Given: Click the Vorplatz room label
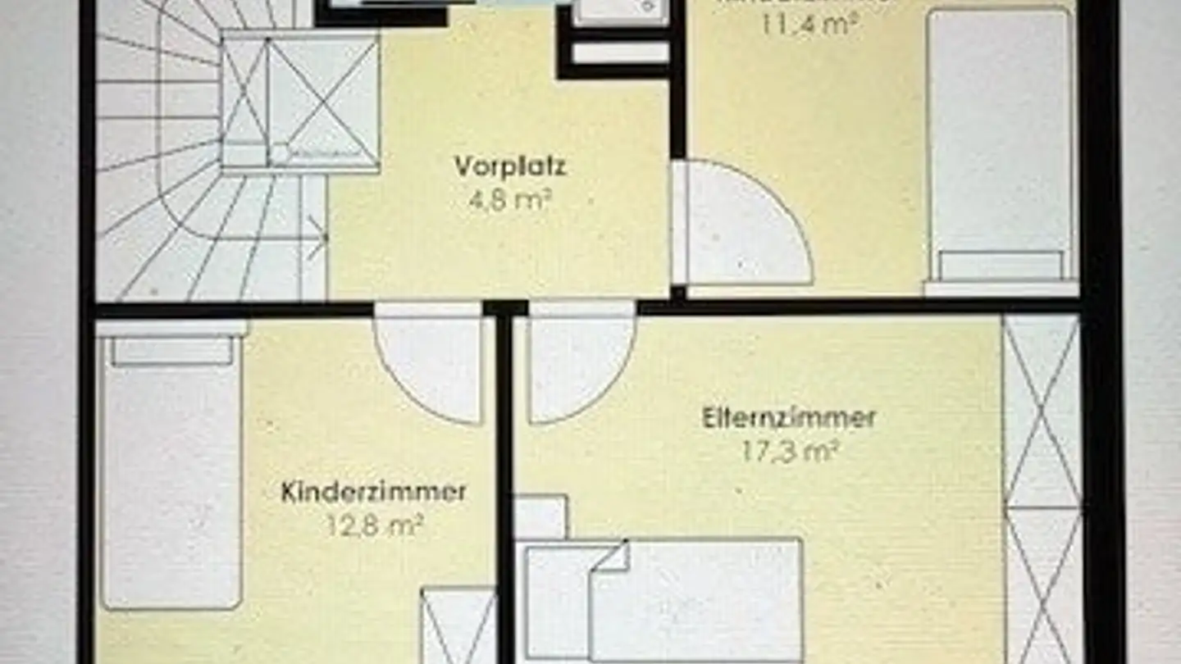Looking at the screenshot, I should click(x=510, y=166).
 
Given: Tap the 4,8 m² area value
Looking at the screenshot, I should click(x=509, y=200).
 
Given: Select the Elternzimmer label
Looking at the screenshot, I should click(x=789, y=418).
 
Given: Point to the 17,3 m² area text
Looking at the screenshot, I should click(x=790, y=451).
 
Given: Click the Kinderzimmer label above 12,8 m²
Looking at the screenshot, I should click(x=373, y=492).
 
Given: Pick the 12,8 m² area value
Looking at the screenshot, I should click(x=374, y=525).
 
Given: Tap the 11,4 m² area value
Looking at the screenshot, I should click(x=808, y=22).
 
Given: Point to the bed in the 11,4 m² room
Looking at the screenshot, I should click(x=1001, y=148).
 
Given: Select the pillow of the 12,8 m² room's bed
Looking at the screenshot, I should click(x=172, y=350).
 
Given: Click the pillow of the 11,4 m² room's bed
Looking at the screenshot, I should click(x=1001, y=266).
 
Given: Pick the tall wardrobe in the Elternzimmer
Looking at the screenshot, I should click(x=1042, y=488).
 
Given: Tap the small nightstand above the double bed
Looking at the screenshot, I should click(x=540, y=516).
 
